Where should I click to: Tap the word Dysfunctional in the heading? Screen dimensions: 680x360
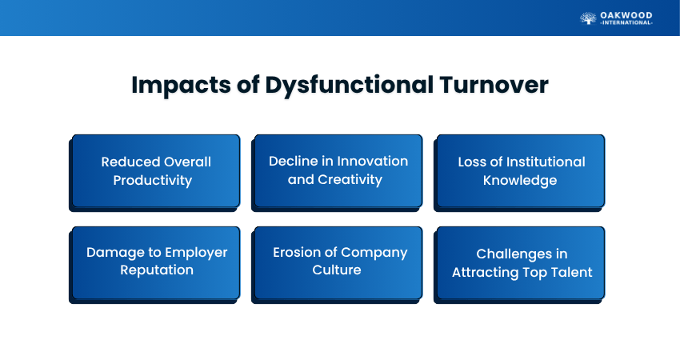click(x=349, y=86)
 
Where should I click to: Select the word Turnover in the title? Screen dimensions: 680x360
click(x=494, y=85)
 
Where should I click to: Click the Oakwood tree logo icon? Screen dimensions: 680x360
click(x=588, y=18)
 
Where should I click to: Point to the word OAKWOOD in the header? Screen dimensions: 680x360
click(x=626, y=15)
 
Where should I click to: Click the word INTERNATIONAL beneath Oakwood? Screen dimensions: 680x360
click(x=626, y=22)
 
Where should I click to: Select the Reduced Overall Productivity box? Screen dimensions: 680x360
click(x=154, y=173)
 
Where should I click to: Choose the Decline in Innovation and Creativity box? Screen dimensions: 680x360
click(x=337, y=173)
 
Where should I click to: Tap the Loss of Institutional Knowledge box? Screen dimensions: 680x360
click(x=519, y=173)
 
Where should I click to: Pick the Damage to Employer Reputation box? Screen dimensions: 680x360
click(x=154, y=265)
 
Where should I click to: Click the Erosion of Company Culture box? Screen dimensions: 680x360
click(x=337, y=265)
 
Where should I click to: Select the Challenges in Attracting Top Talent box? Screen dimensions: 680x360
click(x=519, y=265)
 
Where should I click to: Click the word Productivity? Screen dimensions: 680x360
click(x=153, y=181)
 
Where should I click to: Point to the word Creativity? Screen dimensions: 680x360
click(x=350, y=179)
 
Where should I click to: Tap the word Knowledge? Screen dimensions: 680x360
click(x=520, y=181)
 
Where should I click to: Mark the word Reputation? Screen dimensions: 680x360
click(x=157, y=270)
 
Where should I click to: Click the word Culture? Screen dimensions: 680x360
click(x=337, y=270)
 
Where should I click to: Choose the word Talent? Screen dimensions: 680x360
click(x=571, y=272)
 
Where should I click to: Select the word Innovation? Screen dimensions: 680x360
click(x=372, y=162)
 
